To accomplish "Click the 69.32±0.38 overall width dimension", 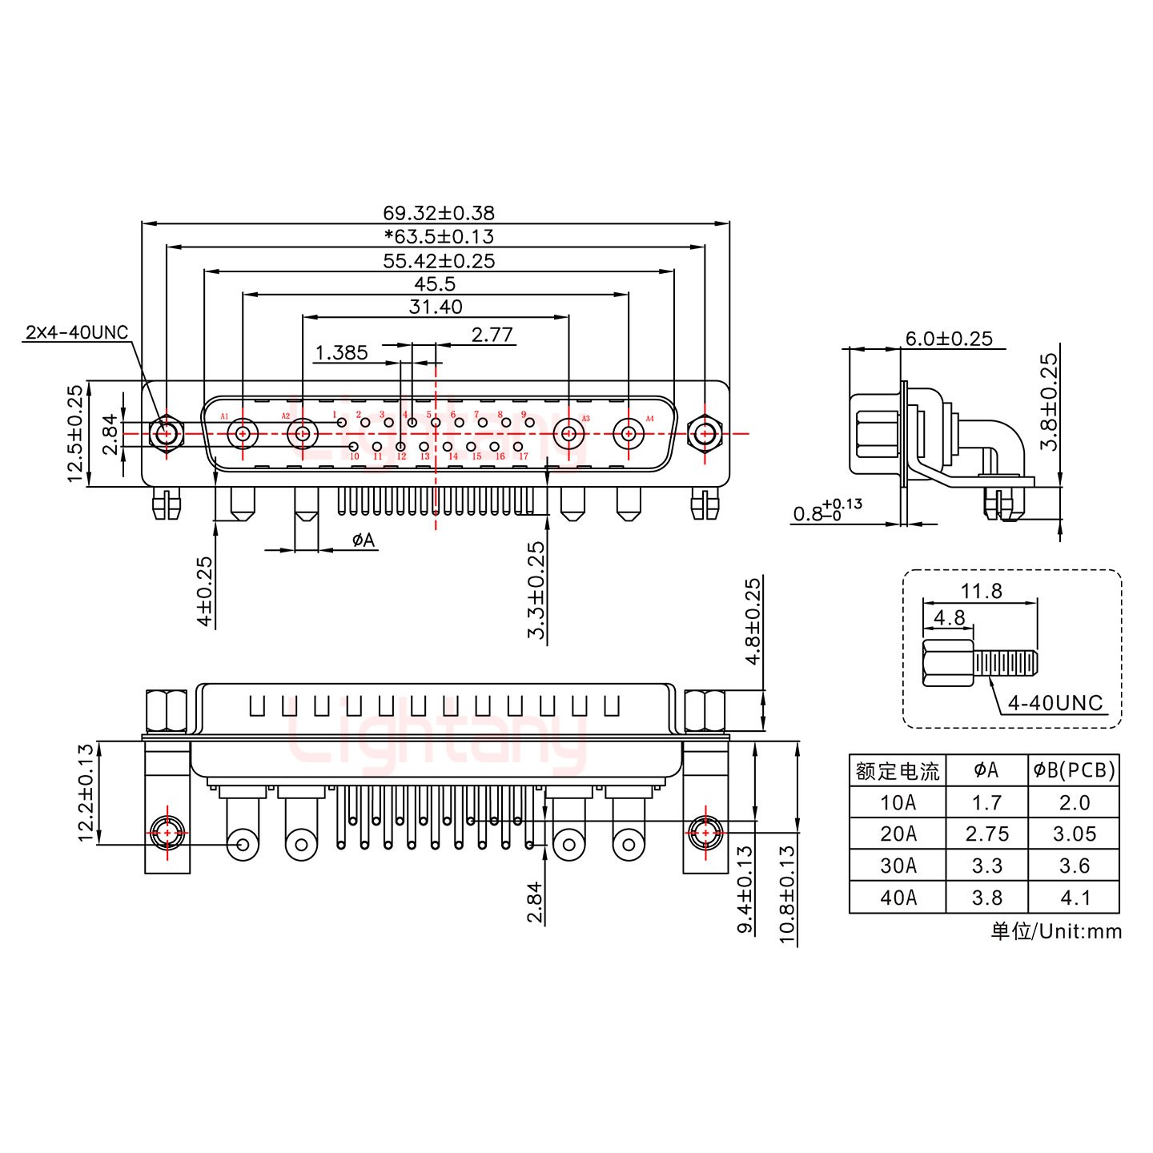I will (x=438, y=213).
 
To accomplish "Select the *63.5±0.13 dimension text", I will (x=438, y=236).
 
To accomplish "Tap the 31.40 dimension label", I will (x=436, y=307).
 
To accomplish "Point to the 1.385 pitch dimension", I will (x=341, y=352).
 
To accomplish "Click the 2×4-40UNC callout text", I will (x=77, y=332).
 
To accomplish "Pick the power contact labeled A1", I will (x=242, y=435).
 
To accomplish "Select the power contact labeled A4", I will (x=629, y=435).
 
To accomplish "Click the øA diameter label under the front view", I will (x=363, y=540).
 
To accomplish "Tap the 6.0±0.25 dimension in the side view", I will (x=949, y=339).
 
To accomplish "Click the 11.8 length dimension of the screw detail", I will (x=982, y=591).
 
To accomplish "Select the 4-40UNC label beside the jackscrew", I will (x=1055, y=703).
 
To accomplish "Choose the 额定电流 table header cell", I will (x=898, y=771).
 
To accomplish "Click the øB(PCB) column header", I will (x=1074, y=770).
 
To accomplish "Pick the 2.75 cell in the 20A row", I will (x=986, y=834).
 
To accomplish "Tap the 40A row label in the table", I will (x=898, y=898).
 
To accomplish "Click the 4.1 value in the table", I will (x=1074, y=898).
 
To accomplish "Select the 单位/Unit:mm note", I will (x=1055, y=931).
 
